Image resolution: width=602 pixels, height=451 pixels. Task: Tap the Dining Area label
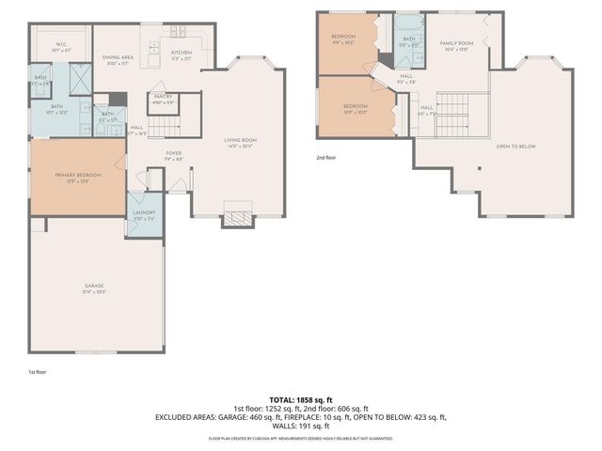pyautogui.click(x=117, y=57)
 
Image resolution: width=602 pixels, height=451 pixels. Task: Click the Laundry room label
pyautogui.click(x=143, y=213)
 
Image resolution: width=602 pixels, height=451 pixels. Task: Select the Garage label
pyautogui.click(x=93, y=286)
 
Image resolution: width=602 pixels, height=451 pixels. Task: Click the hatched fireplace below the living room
pyautogui.click(x=238, y=220)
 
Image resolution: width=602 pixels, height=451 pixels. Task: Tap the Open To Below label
pyautogui.click(x=516, y=147)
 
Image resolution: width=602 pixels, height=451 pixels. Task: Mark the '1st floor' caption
pyautogui.click(x=37, y=372)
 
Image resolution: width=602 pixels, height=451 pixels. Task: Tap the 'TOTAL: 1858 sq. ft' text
pyautogui.click(x=300, y=401)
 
